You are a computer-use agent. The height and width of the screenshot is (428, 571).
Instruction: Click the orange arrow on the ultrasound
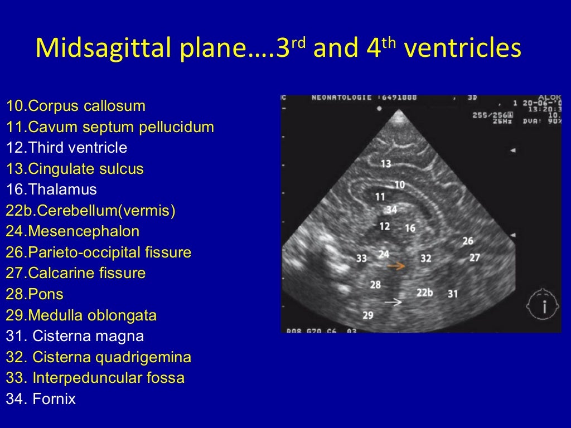pyautogui.click(x=396, y=266)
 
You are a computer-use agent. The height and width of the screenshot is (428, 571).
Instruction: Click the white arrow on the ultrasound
pyautogui.click(x=393, y=301)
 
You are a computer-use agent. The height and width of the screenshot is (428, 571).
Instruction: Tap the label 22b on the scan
pyautogui.click(x=424, y=293)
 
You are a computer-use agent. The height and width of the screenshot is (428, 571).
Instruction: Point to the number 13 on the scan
pyautogui.click(x=386, y=163)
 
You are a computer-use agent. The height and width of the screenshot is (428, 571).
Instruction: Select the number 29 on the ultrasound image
pyautogui.click(x=368, y=315)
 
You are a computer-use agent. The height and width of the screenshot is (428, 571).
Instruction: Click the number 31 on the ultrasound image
pyautogui.click(x=453, y=293)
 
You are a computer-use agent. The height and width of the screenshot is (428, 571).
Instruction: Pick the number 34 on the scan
pyautogui.click(x=392, y=210)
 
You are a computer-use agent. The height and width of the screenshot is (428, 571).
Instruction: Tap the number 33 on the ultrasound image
pyautogui.click(x=362, y=258)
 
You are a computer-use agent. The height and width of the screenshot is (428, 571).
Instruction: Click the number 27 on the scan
pyautogui.click(x=475, y=258)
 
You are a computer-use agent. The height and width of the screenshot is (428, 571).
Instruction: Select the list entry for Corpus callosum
pyautogui.click(x=76, y=106)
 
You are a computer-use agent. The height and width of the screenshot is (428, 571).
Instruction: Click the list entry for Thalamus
pyautogui.click(x=51, y=189)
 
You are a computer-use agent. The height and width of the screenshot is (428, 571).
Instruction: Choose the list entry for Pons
pyautogui.click(x=35, y=294)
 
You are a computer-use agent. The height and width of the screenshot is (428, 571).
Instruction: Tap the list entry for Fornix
pyautogui.click(x=41, y=399)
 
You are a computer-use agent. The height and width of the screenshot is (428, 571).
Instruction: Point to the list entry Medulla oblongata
pyautogui.click(x=81, y=315)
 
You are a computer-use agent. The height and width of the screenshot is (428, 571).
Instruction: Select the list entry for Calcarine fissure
pyautogui.click(x=76, y=273)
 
